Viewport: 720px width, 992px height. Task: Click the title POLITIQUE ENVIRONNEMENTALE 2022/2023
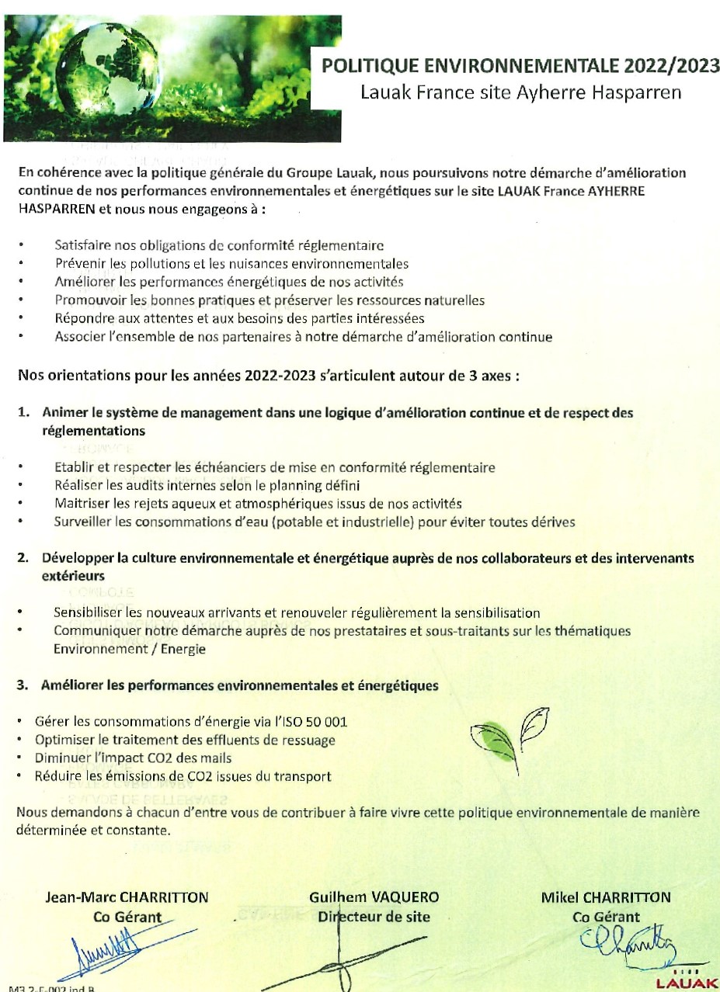(x=521, y=68)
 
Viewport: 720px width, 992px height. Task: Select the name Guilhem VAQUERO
(x=374, y=897)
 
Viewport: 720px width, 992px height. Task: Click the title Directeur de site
(x=374, y=917)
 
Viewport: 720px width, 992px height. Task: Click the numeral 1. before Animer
(x=25, y=414)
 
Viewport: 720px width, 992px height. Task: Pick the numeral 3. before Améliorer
(x=25, y=686)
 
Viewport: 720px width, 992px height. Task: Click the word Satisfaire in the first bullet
(x=82, y=246)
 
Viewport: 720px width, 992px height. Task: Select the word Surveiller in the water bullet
(x=83, y=522)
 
